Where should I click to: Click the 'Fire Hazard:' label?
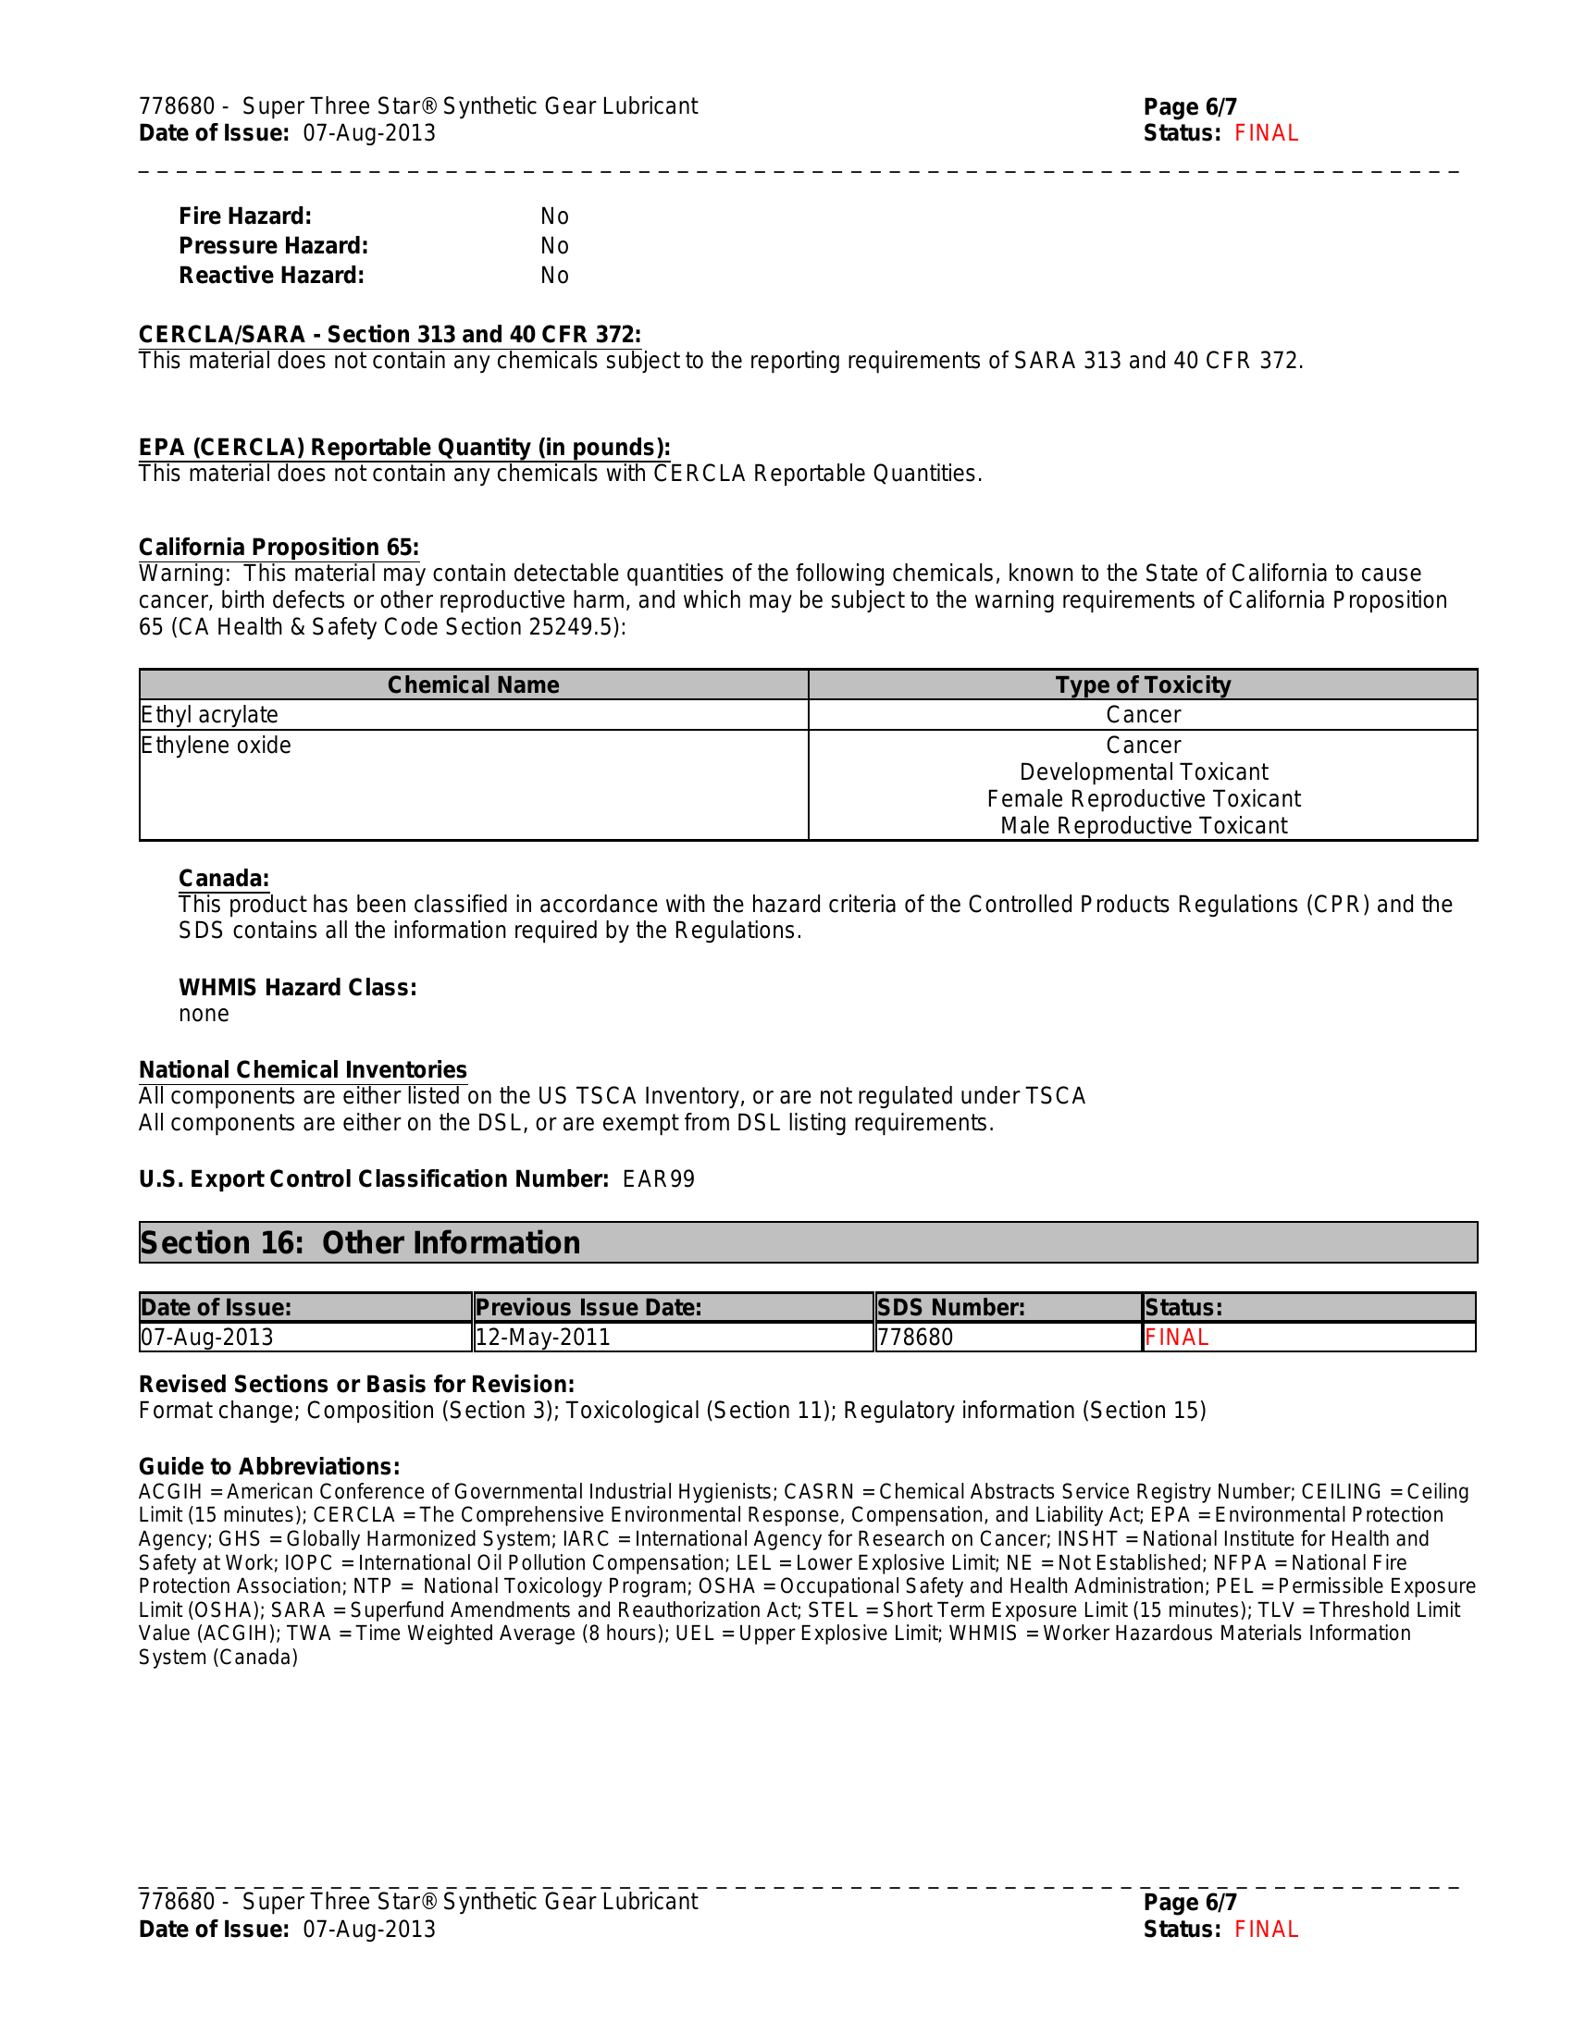[245, 216]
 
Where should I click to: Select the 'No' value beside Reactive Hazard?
[554, 276]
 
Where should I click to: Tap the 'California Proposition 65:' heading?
[279, 547]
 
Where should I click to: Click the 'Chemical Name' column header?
[474, 684]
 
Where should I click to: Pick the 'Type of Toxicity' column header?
[1143, 684]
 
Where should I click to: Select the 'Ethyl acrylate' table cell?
[210, 715]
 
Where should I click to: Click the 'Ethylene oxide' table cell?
[217, 746]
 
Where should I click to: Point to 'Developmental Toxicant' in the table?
[1144, 772]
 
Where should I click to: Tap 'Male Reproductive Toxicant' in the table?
[1144, 825]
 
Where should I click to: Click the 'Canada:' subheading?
[224, 879]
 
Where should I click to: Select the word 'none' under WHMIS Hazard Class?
[204, 1014]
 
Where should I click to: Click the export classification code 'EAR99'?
[659, 1179]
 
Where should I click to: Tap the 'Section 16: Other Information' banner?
[360, 1243]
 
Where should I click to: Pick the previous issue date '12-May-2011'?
[543, 1338]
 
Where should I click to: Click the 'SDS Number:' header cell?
[951, 1307]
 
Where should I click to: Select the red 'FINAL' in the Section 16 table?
[1177, 1338]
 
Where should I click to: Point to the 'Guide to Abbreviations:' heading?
[269, 1467]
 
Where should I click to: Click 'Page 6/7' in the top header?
[1190, 107]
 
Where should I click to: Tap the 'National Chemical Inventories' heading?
[303, 1069]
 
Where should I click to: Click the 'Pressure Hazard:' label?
[273, 246]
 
